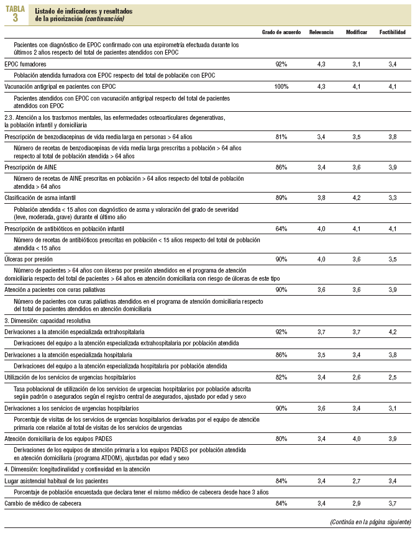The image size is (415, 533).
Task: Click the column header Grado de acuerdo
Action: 281,32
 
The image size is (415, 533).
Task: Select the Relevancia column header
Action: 321,32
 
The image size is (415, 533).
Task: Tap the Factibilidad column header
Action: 393,32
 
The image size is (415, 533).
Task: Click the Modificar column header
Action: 357,32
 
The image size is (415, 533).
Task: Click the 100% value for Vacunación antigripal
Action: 281,86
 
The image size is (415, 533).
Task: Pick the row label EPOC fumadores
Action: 27,64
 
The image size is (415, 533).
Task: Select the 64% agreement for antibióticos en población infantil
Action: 281,229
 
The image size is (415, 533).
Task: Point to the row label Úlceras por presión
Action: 29,258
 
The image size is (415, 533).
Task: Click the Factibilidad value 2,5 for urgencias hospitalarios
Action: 393,376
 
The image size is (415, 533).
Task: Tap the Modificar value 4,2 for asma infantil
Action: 357,198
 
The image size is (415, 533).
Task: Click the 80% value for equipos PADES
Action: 281,439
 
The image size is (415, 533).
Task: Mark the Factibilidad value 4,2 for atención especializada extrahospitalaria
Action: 393,332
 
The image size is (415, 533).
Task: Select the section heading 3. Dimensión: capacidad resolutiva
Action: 47,321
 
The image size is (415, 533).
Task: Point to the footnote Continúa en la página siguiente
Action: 367,522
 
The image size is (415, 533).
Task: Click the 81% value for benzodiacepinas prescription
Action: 281,136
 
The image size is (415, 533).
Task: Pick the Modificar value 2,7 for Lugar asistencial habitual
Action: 357,480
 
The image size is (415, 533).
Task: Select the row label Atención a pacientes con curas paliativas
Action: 55,289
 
